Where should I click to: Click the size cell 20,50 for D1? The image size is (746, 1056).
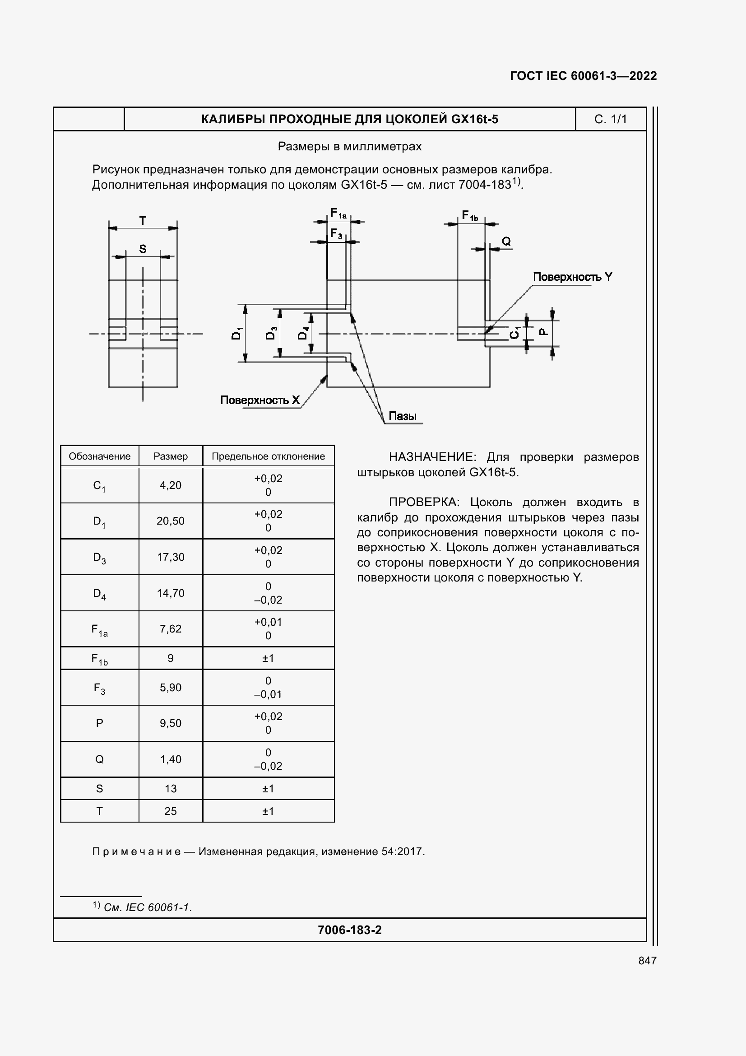coord(170,521)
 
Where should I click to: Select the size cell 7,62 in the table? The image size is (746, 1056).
coord(170,629)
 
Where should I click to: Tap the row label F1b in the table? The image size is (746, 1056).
coord(99,659)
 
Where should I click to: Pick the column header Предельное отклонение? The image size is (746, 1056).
coord(268,456)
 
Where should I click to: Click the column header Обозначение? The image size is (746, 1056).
coord(99,456)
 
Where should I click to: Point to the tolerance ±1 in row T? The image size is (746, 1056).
coord(268,811)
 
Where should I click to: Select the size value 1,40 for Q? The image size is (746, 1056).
coord(170,759)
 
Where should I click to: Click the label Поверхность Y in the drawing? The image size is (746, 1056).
coord(572,277)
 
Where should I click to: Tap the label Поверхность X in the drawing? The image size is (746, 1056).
coord(259,400)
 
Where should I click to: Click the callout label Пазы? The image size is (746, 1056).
coord(402,416)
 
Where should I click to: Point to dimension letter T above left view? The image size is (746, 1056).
coord(143,221)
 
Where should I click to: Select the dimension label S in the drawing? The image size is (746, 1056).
coord(143,249)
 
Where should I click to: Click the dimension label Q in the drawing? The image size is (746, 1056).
coord(505,242)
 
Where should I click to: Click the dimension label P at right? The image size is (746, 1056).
coord(543,332)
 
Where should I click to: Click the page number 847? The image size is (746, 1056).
coord(647,960)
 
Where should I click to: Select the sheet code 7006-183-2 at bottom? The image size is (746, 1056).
coord(349,930)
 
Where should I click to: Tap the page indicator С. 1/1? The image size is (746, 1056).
coord(610,119)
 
